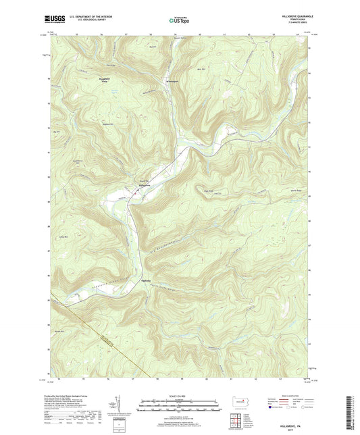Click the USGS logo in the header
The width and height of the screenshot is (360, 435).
click(x=52, y=20)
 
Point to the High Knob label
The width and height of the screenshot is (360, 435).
click(x=199, y=189)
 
